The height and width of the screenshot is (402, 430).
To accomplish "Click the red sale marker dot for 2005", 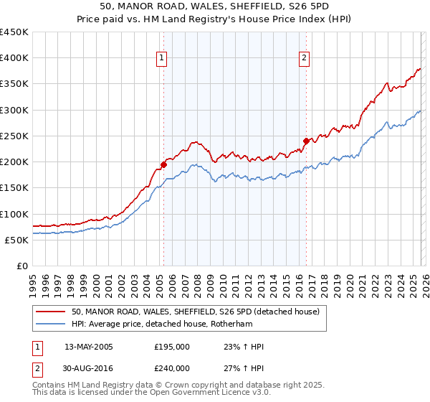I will click(x=163, y=164).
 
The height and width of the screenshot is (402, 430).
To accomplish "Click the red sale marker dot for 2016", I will click(x=306, y=141).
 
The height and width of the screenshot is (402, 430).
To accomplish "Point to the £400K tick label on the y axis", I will click(x=14, y=58).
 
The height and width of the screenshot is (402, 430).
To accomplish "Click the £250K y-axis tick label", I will click(x=14, y=136).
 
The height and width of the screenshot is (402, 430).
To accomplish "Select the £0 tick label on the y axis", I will click(x=21, y=266).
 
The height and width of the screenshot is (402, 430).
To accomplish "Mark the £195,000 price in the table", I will click(x=172, y=347).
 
